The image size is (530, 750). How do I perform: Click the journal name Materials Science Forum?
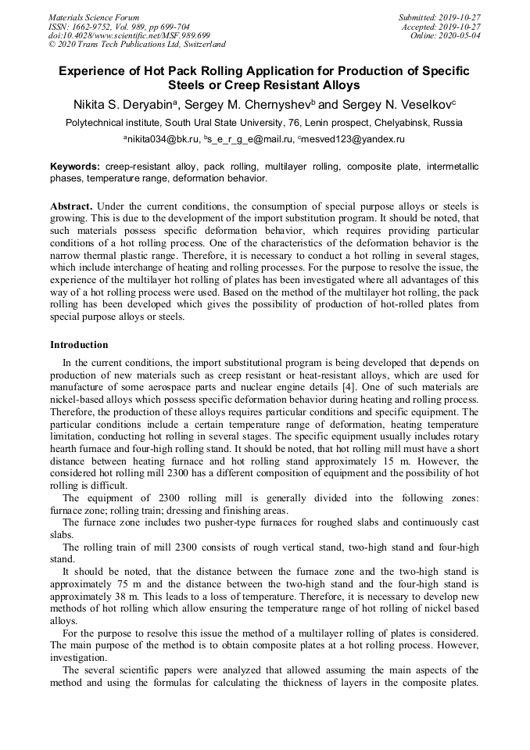pyautogui.click(x=94, y=17)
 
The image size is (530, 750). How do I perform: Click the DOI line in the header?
pyautogui.click(x=129, y=35)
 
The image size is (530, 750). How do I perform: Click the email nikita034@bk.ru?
pyautogui.click(x=163, y=139)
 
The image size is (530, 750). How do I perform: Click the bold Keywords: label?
pyautogui.click(x=75, y=167)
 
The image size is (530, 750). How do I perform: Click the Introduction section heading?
pyautogui.click(x=79, y=345)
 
